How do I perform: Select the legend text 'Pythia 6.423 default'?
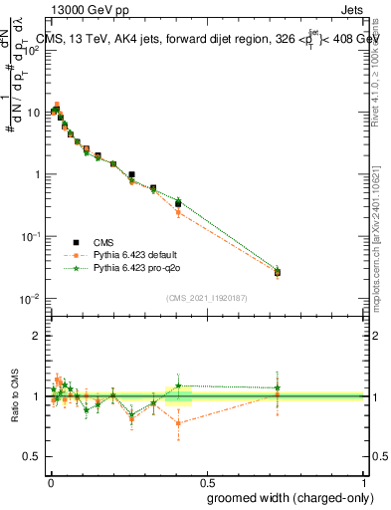coord(134,255)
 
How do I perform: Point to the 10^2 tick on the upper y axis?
coord(32,50)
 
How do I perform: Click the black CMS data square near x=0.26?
coord(131,174)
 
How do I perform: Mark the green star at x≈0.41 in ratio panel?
coord(178,385)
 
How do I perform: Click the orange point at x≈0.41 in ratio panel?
coord(178,423)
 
